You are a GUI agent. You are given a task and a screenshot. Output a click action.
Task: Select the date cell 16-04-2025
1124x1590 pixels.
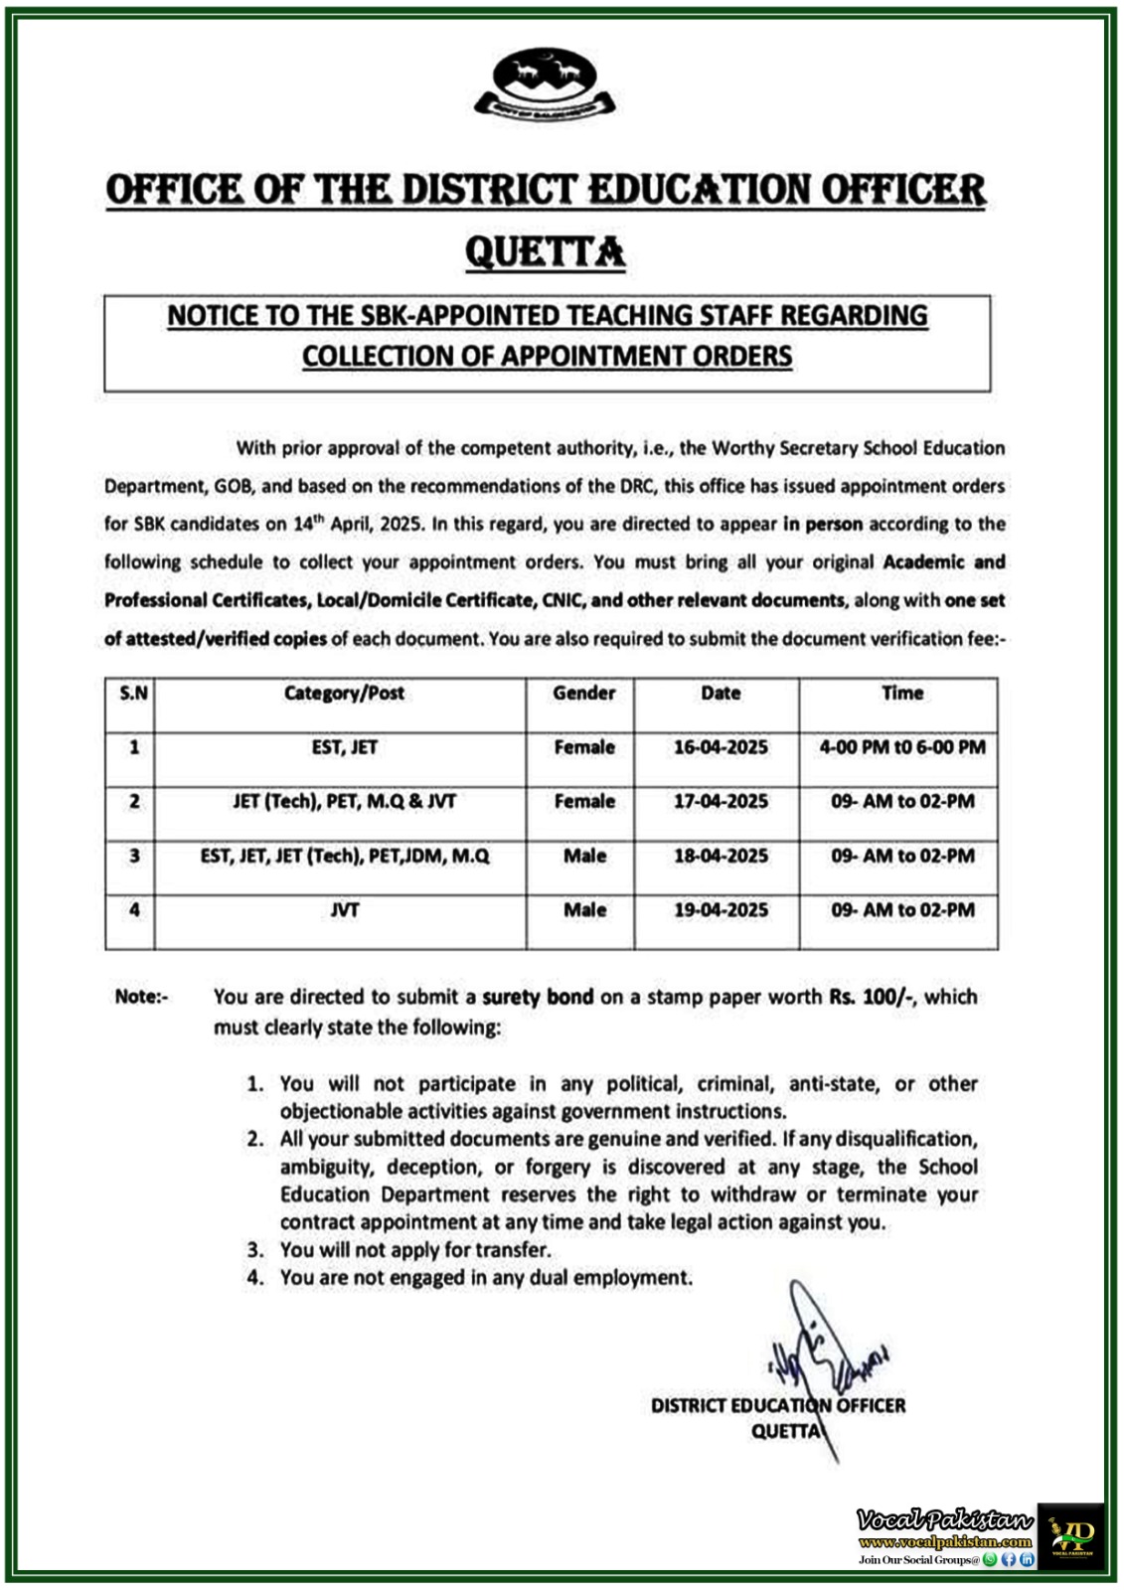721,747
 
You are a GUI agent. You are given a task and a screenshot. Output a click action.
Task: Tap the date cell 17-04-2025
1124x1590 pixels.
721,801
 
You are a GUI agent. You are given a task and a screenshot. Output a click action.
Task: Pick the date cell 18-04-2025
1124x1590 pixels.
721,856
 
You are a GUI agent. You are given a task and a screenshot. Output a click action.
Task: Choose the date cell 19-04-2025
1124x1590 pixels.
721,909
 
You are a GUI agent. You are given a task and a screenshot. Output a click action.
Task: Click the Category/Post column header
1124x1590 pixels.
344,694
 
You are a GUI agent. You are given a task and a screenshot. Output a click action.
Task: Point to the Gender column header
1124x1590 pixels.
584,694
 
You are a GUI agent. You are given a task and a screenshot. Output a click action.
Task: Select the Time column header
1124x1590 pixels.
902,694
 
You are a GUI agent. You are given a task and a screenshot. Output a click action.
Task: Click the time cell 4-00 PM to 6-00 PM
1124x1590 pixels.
902,747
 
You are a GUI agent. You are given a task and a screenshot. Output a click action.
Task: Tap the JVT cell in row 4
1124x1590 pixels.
344,909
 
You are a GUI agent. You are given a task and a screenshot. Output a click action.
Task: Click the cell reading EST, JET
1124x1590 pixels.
344,747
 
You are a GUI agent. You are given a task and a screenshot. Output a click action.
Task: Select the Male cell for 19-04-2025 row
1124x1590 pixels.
584,909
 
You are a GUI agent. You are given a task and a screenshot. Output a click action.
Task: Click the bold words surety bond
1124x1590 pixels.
538,997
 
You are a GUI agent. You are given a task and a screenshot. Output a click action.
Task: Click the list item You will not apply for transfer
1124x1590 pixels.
414,1250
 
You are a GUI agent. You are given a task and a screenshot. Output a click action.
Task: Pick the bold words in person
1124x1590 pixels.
823,524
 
